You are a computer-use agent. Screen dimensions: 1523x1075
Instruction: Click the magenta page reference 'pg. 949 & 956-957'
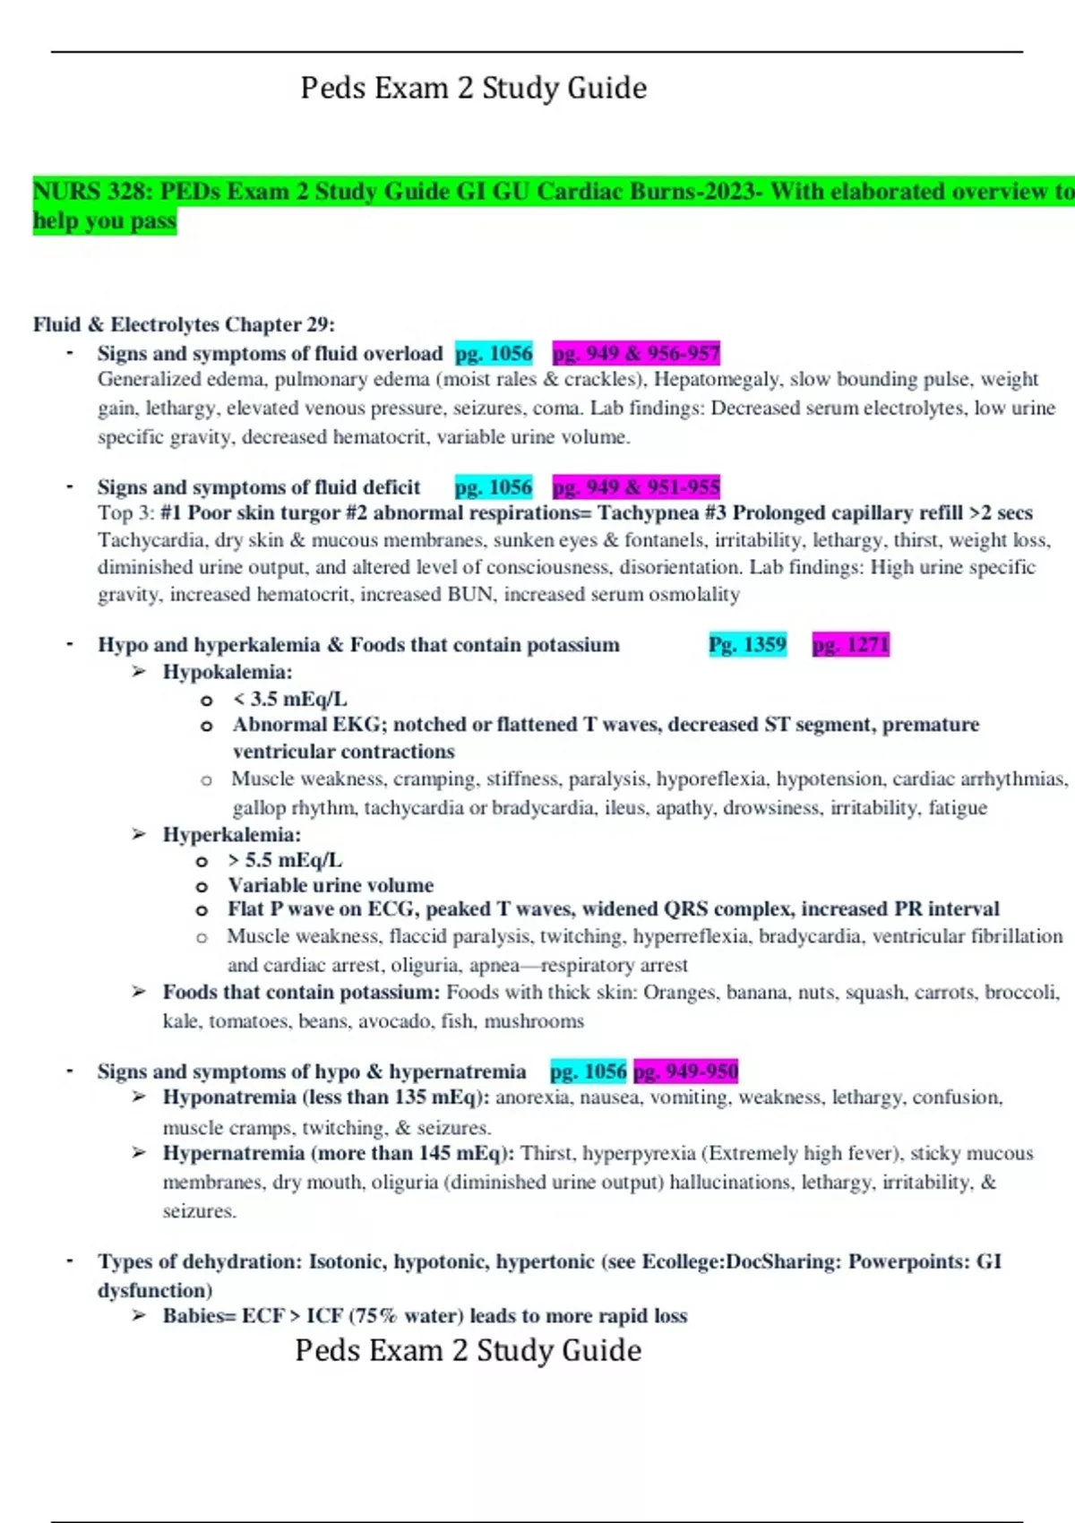coord(636,354)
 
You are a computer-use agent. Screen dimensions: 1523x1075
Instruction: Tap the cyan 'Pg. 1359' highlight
coord(747,645)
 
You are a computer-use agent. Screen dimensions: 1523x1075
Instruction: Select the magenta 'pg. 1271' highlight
coord(851,645)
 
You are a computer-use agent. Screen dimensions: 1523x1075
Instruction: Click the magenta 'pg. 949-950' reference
coord(685,1071)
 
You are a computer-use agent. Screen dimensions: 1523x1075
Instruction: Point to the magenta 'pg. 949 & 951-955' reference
coord(636,487)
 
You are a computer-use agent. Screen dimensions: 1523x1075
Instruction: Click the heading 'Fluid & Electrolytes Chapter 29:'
coord(184,324)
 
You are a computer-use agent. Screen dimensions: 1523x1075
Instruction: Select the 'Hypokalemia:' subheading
coord(228,672)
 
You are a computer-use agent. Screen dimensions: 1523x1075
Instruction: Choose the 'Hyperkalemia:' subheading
coord(232,835)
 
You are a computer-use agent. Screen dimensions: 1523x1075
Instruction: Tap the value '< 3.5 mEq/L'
coord(289,699)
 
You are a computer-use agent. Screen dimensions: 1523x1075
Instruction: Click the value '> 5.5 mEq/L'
coord(285,860)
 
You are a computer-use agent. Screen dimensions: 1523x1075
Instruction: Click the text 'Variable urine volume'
coord(331,885)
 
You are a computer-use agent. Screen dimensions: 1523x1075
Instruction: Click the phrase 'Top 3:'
coord(126,513)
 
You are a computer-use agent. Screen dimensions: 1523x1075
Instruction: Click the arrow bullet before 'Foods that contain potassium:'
coord(139,992)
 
